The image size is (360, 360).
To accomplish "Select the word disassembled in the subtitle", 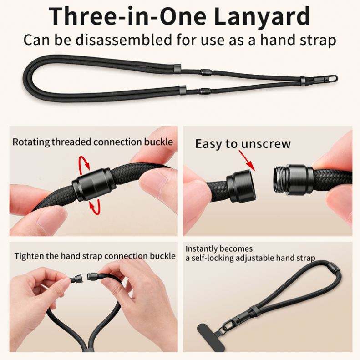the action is (x=123, y=40).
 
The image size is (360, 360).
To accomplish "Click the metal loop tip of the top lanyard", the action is (x=331, y=79).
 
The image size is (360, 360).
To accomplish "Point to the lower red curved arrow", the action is (x=95, y=207).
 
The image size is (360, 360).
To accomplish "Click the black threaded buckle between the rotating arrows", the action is (x=93, y=184).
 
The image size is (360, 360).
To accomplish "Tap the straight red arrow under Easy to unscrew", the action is (x=247, y=160).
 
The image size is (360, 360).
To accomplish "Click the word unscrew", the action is (x=266, y=144).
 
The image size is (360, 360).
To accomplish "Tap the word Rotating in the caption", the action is (x=31, y=142).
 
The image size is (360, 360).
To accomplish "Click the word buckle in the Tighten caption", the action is (x=163, y=256).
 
